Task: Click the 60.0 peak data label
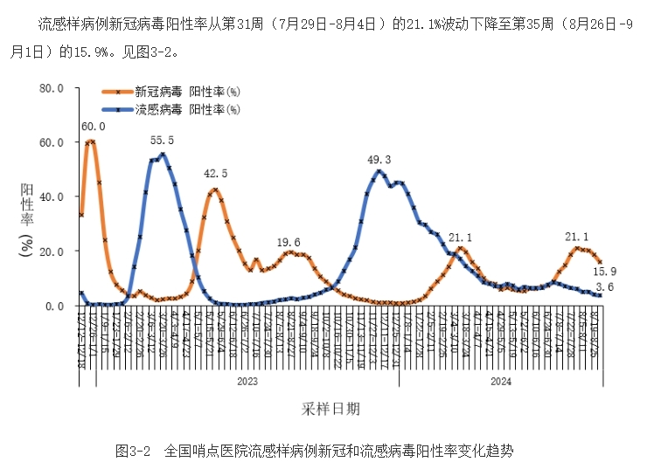[93, 128]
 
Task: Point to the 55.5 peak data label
[162, 141]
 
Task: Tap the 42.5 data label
[215, 174]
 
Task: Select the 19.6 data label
[289, 243]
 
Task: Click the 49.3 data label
[379, 159]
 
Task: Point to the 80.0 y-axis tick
[52, 88]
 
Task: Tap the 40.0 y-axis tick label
[52, 197]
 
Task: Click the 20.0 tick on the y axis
[52, 252]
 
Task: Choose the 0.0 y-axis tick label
[55, 306]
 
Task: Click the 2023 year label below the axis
[248, 381]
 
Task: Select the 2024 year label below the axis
[501, 381]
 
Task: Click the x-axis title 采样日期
[331, 408]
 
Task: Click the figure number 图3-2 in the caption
[134, 451]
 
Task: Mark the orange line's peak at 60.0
[91, 141]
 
